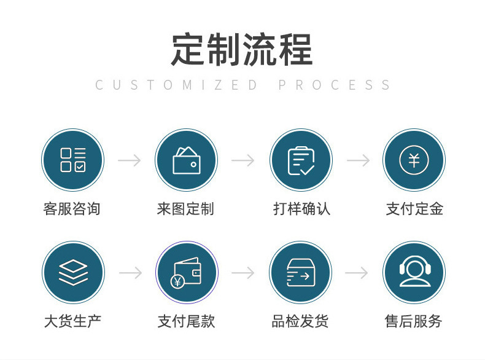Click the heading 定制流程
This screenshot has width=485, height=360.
pos(242,49)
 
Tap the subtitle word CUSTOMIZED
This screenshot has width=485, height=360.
pos(177,85)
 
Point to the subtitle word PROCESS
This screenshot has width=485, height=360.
pos(335,85)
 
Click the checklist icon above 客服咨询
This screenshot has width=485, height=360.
pos(72,160)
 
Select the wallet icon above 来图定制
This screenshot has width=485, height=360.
pos(186,160)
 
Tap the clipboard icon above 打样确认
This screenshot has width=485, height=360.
pos(301,160)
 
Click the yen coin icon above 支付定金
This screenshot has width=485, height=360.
pos(414,160)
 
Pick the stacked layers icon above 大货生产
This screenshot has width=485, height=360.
pos(73,272)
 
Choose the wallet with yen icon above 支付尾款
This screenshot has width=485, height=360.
pos(187,272)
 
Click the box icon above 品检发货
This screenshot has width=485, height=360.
pos(300,272)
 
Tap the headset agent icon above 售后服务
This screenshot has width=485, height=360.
pos(413,272)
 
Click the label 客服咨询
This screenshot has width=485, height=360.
pos(72,209)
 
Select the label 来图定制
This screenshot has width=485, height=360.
pos(185,209)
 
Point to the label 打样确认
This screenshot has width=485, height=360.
pos(301,209)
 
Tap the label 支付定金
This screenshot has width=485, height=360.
pos(414,209)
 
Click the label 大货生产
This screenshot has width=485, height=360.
pos(72,321)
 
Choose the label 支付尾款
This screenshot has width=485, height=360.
pos(187,321)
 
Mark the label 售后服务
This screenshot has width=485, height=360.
pos(413,321)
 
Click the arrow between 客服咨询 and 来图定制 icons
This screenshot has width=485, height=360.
pos(129,160)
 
